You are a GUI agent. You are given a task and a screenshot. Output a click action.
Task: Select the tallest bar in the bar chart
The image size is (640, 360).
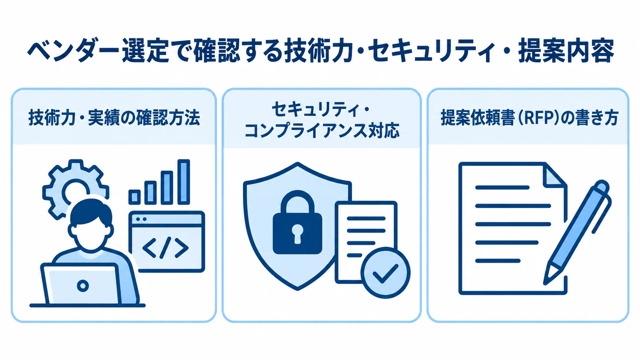click(x=184, y=182)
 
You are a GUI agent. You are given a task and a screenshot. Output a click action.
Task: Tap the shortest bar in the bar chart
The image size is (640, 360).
click(x=134, y=197)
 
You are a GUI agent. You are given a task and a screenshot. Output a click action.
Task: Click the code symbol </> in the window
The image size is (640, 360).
click(x=165, y=248)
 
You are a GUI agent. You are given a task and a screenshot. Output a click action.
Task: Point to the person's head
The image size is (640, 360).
click(x=91, y=226)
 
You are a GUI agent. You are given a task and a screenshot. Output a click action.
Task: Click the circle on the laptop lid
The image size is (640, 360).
click(x=83, y=285)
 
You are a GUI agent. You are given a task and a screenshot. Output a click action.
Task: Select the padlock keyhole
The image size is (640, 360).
click(x=297, y=233)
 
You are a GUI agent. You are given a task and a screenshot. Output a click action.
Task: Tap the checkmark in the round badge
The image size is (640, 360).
click(x=385, y=273)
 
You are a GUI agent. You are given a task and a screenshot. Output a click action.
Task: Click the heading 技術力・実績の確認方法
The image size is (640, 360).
click(x=114, y=117)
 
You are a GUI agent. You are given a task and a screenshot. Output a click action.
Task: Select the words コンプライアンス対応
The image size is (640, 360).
click(x=322, y=131)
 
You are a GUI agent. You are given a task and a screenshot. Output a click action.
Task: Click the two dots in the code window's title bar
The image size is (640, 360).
click(x=141, y=219)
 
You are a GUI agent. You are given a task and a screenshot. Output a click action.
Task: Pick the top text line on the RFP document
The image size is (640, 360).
click(x=502, y=187)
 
